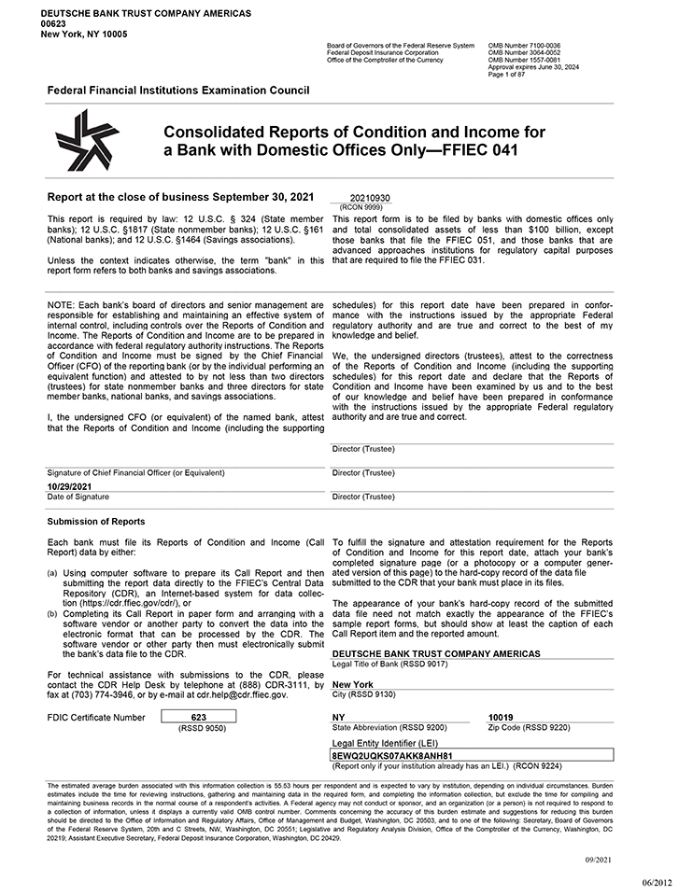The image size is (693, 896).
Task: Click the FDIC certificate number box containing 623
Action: pyautogui.click(x=197, y=716)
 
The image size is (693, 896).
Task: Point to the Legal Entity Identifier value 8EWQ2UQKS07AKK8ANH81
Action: pyautogui.click(x=391, y=755)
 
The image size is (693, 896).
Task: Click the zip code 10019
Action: pyautogui.click(x=502, y=717)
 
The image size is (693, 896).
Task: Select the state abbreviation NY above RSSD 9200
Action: pyautogui.click(x=338, y=717)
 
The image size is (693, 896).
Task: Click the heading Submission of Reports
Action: pyautogui.click(x=95, y=522)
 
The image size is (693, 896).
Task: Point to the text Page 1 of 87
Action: pyautogui.click(x=508, y=74)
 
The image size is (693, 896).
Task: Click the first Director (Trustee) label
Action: pyautogui.click(x=363, y=449)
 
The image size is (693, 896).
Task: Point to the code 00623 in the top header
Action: pyautogui.click(x=51, y=23)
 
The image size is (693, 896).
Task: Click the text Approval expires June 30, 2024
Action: pyautogui.click(x=533, y=68)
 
